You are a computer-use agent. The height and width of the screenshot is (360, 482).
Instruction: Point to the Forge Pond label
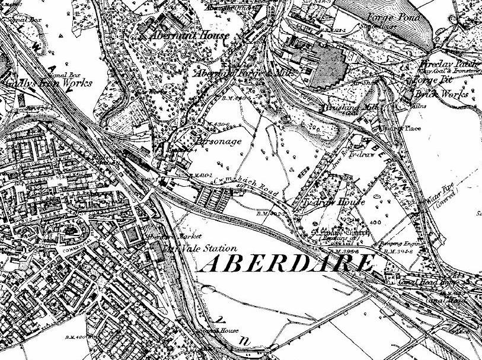pyautogui.click(x=392, y=17)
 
